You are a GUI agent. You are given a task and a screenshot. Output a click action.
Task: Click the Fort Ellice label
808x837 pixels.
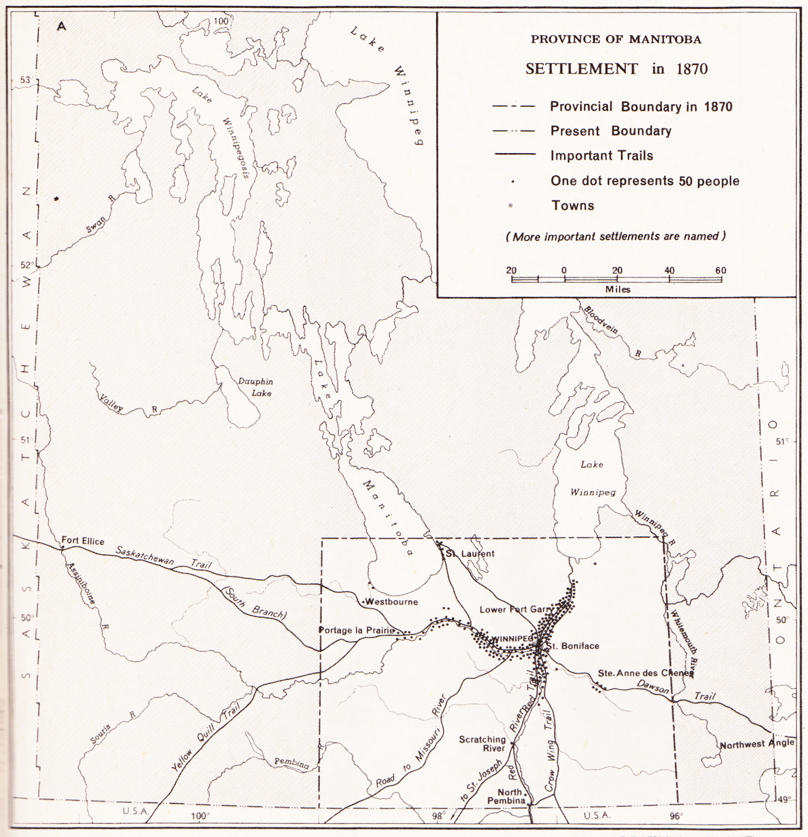tap(83, 540)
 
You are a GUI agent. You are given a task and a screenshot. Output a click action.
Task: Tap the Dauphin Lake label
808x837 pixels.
tap(256, 387)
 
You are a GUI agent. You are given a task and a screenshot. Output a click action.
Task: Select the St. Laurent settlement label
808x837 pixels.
tap(469, 553)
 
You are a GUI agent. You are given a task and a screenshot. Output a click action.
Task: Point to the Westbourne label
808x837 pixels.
tap(392, 602)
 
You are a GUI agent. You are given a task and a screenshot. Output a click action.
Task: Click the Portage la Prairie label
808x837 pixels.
tap(357, 630)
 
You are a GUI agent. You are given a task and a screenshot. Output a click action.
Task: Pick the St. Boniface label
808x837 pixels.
tap(573, 646)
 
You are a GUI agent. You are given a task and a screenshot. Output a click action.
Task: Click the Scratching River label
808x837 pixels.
tap(482, 743)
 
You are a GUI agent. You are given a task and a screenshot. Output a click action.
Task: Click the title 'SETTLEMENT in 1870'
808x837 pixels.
tap(616, 69)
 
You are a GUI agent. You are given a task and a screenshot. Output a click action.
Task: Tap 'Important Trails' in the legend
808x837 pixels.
tap(601, 155)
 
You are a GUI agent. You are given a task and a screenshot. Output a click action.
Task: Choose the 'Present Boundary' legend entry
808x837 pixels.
tap(610, 131)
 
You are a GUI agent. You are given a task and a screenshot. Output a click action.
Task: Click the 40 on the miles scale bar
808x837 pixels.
tap(669, 270)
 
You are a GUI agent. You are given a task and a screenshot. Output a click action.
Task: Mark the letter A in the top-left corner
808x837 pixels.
tap(62, 26)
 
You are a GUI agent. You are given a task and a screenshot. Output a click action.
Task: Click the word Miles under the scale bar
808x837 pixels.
tap(618, 289)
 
